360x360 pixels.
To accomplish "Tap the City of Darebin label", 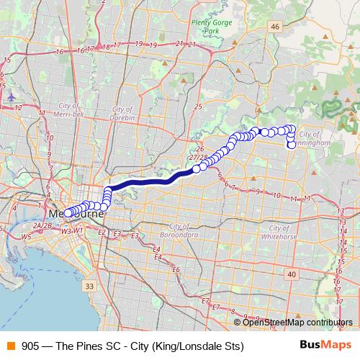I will [x=119, y=117].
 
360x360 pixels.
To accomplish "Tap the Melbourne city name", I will [x=76, y=215].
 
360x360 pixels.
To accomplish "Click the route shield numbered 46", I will [x=275, y=27].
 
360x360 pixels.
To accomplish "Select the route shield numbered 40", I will [x=291, y=274].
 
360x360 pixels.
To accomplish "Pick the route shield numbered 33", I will [x=89, y=287].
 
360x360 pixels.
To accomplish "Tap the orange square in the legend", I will [x=10, y=346].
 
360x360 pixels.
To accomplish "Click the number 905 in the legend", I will [x=31, y=346].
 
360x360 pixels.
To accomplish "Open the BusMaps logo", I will [x=325, y=346].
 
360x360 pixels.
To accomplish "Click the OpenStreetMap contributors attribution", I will [x=297, y=323].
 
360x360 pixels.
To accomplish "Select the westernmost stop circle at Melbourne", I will [x=67, y=213].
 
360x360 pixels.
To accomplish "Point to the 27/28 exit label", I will [x=198, y=156].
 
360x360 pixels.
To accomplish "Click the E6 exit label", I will [x=176, y=269].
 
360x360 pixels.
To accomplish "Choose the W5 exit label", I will [x=27, y=236].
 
